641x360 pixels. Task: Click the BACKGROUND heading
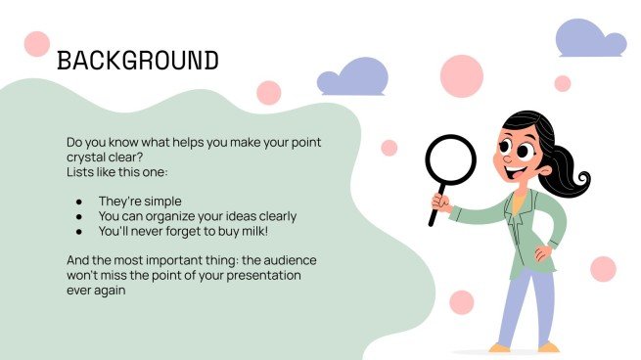coord(138,61)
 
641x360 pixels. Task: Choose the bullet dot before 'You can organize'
coord(78,216)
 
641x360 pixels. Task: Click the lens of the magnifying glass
coord(450,159)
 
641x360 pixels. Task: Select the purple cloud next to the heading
coord(351,77)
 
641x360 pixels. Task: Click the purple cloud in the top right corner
coord(590,39)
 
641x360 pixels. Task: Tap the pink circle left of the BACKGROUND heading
coord(36,44)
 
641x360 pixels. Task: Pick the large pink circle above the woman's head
coord(461,75)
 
